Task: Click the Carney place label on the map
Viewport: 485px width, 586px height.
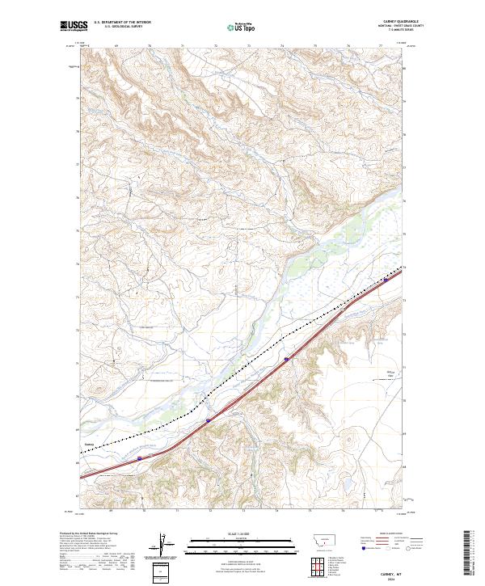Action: [89, 444]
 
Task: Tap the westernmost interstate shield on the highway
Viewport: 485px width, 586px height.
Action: [138, 458]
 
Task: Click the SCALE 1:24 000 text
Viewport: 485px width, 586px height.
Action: [242, 534]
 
